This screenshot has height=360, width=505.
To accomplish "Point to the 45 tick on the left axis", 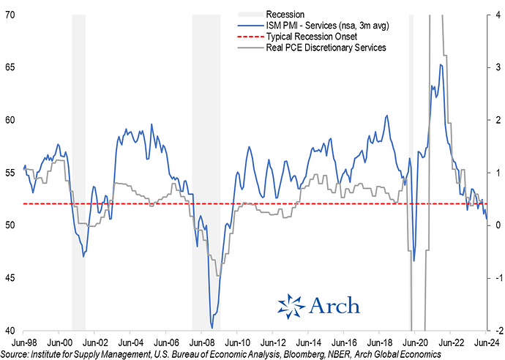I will pos(12,278).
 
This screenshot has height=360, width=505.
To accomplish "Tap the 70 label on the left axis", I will pos(12,15).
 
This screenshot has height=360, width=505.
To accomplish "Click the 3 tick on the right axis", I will pos(497,67).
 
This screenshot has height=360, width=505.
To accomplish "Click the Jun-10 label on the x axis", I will pos(237,342).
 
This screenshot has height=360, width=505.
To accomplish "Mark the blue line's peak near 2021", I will pos(440,64).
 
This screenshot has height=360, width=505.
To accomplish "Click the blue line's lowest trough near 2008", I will pos(212,327).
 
